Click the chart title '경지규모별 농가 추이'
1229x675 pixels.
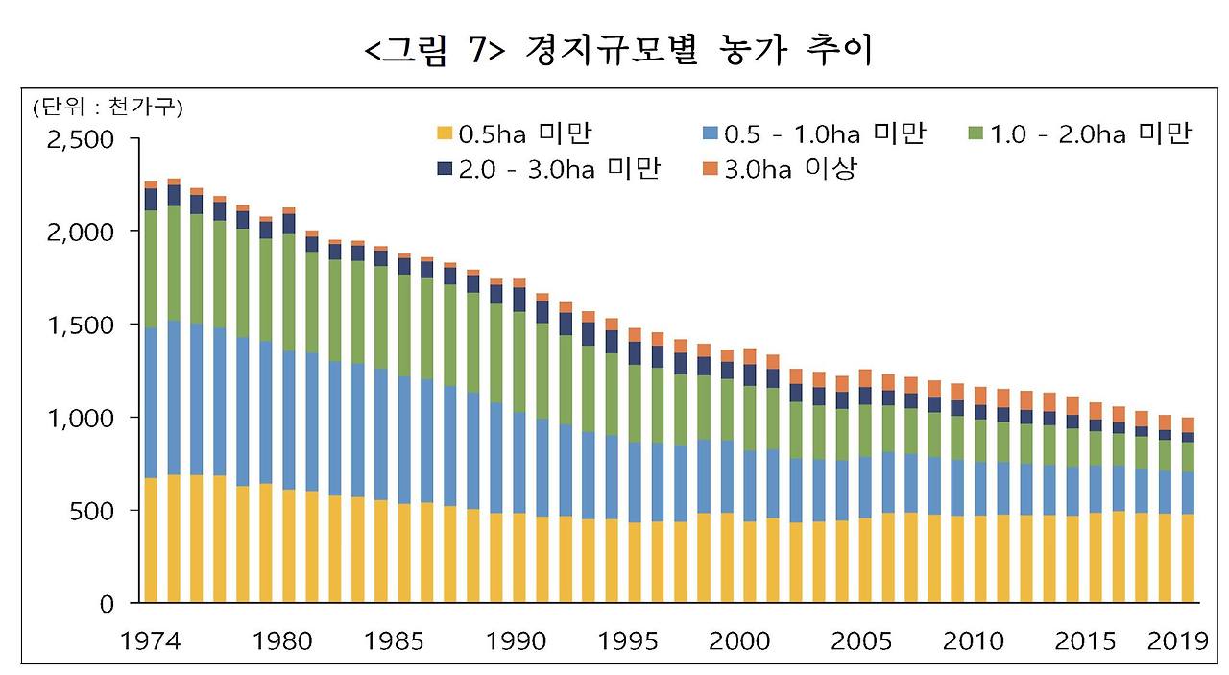pos(698,51)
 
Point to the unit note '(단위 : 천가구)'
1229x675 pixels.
pos(108,107)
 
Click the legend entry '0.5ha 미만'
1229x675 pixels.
pos(514,133)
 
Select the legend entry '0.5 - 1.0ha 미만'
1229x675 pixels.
pos(813,133)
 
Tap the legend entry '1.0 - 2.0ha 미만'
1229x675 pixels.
pos(1080,133)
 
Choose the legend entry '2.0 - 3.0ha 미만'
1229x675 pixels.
pos(548,169)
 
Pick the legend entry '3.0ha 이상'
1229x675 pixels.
pos(779,169)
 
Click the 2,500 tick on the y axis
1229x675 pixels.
pos(80,140)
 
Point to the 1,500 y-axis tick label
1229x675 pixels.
pos(80,325)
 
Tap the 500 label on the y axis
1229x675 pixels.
pos(91,512)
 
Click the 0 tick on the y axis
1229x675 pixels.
pos(107,604)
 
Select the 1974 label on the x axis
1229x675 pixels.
pos(151,641)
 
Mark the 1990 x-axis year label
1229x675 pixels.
pos(516,641)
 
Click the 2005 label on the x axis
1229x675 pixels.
pos(861,641)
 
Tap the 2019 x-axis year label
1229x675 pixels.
pos(1177,641)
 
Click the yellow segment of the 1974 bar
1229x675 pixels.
pos(151,541)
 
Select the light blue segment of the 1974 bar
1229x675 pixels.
pos(151,403)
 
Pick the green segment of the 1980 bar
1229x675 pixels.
pos(289,293)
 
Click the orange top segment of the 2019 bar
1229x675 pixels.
pos(1188,425)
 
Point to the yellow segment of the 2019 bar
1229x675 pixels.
pos(1188,559)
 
